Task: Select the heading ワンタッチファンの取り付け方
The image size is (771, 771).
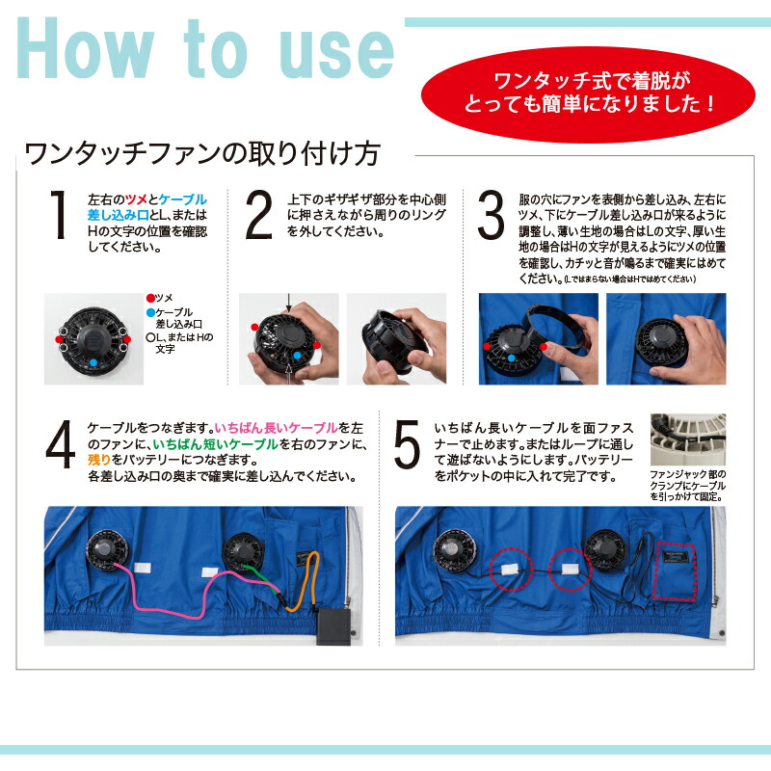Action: coord(202,152)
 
